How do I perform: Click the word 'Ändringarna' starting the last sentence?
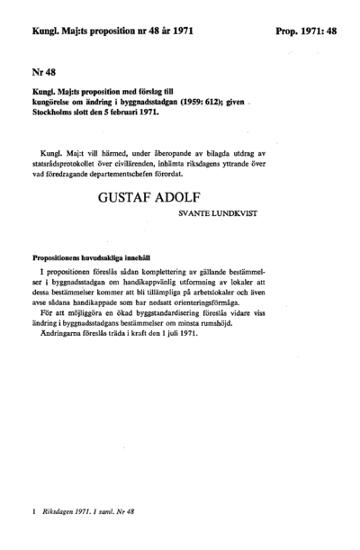coord(65,335)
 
